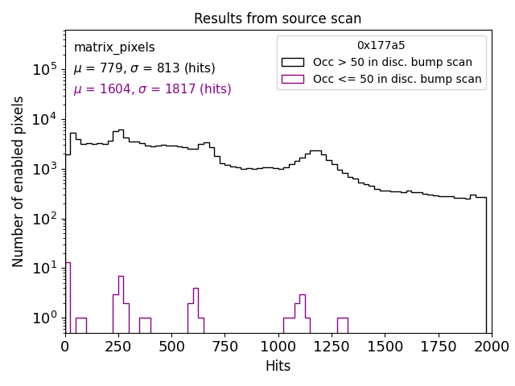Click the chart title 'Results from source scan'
click(x=278, y=18)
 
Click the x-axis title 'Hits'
click(x=278, y=366)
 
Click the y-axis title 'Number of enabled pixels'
click(x=19, y=182)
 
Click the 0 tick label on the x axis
click(x=65, y=347)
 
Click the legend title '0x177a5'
click(x=381, y=46)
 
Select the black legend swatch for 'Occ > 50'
click(x=293, y=62)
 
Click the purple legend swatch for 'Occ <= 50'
click(x=293, y=79)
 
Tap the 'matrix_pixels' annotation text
click(x=114, y=47)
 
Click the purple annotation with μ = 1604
click(x=152, y=89)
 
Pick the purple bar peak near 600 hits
click(x=196, y=310)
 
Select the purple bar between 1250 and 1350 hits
click(x=342, y=325)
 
